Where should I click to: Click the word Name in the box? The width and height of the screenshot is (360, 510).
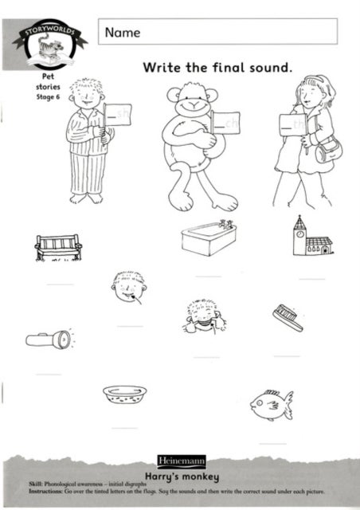pyautogui.click(x=121, y=33)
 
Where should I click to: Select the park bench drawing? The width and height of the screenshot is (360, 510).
pyautogui.click(x=58, y=247)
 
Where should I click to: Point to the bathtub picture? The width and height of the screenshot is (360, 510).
pyautogui.click(x=209, y=237)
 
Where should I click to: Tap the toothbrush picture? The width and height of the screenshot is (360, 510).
pyautogui.click(x=288, y=317)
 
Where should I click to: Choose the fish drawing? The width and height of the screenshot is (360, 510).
pyautogui.click(x=271, y=404)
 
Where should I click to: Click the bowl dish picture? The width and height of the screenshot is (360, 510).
pyautogui.click(x=125, y=394)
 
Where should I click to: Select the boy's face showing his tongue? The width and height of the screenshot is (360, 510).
pyautogui.click(x=129, y=290)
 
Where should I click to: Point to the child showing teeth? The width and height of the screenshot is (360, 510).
pyautogui.click(x=203, y=316)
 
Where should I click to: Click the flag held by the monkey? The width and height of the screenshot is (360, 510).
pyautogui.click(x=225, y=123)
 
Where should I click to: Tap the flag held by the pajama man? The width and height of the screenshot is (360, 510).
pyautogui.click(x=119, y=115)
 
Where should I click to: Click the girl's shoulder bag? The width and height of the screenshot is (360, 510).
pyautogui.click(x=328, y=149)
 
